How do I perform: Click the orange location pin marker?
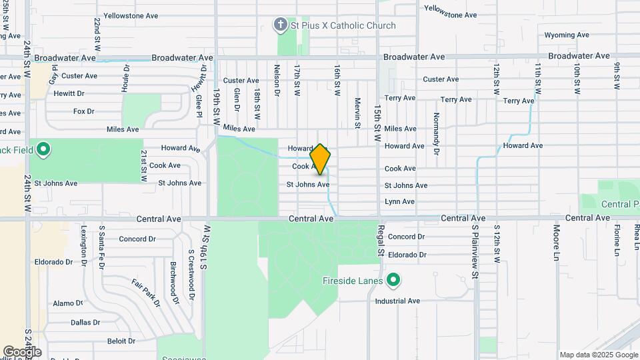coord(321,159)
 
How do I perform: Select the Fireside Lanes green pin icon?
coord(393,280)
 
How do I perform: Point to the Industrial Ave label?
coord(397,301)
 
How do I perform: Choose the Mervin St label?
coord(358,113)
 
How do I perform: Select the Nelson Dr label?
coord(277,80)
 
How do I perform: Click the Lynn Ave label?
coord(399,201)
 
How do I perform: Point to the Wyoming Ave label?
coord(567,35)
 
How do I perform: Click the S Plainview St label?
coord(475,251)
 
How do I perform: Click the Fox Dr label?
coord(83,111)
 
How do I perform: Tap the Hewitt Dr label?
coord(69,93)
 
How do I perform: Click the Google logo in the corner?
coord(22,351)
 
